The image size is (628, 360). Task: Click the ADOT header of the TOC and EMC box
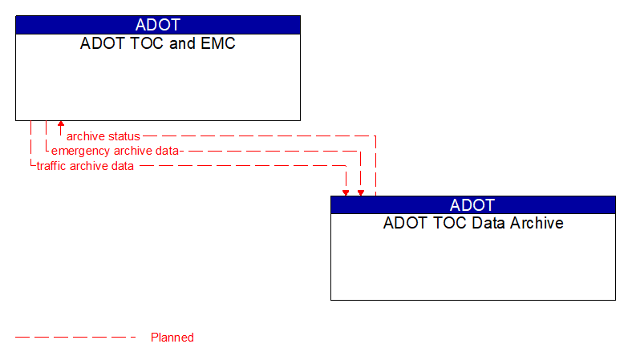click(158, 25)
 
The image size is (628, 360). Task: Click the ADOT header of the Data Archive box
click(473, 204)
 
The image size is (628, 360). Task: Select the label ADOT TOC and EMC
click(158, 43)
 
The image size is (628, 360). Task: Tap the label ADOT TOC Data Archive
click(473, 223)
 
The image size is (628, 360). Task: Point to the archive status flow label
click(103, 136)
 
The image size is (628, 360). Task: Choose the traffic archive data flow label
click(85, 166)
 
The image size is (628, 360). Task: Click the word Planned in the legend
click(172, 338)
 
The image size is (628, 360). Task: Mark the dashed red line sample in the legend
click(76, 338)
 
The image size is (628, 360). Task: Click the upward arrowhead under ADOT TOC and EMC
click(60, 125)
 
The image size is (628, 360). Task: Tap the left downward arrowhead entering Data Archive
click(346, 192)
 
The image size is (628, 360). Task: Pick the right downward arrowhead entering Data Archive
click(361, 192)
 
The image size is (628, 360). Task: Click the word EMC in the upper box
click(218, 43)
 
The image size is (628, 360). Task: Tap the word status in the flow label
click(124, 136)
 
